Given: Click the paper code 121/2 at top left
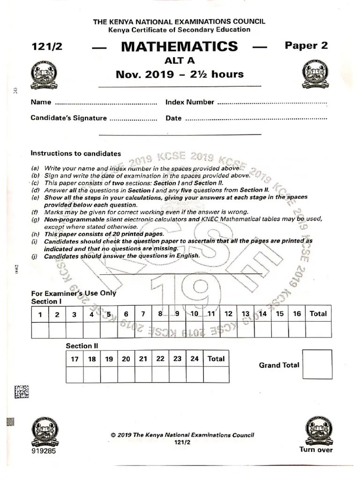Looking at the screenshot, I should click(x=46, y=47).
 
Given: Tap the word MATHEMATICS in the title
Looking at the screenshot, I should click(x=179, y=46).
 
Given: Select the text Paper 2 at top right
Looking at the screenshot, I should click(x=306, y=45).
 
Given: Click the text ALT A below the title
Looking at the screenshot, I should click(x=179, y=60).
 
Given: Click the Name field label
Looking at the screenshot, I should click(x=40, y=102).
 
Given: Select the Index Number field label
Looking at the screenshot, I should click(x=190, y=102).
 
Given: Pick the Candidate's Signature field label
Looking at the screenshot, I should click(x=68, y=118).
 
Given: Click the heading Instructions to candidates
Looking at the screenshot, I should click(x=75, y=153).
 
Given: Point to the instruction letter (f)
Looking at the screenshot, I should click(x=35, y=212).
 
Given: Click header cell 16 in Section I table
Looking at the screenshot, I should click(x=297, y=314).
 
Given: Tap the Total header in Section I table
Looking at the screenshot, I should click(x=318, y=314).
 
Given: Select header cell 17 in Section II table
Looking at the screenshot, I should click(x=75, y=359).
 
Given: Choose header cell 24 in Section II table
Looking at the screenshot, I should click(x=195, y=359).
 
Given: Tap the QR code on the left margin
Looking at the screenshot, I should click(x=22, y=392).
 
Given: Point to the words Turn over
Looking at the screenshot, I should click(x=316, y=450).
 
